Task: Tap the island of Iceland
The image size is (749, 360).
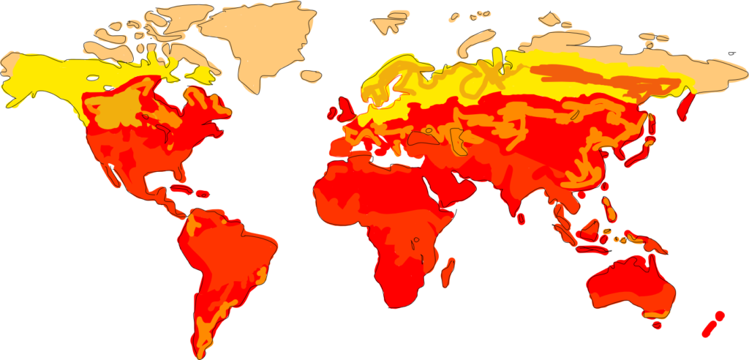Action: (312, 75)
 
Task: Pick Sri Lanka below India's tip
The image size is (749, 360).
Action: (521, 218)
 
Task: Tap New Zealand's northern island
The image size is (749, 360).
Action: (719, 316)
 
